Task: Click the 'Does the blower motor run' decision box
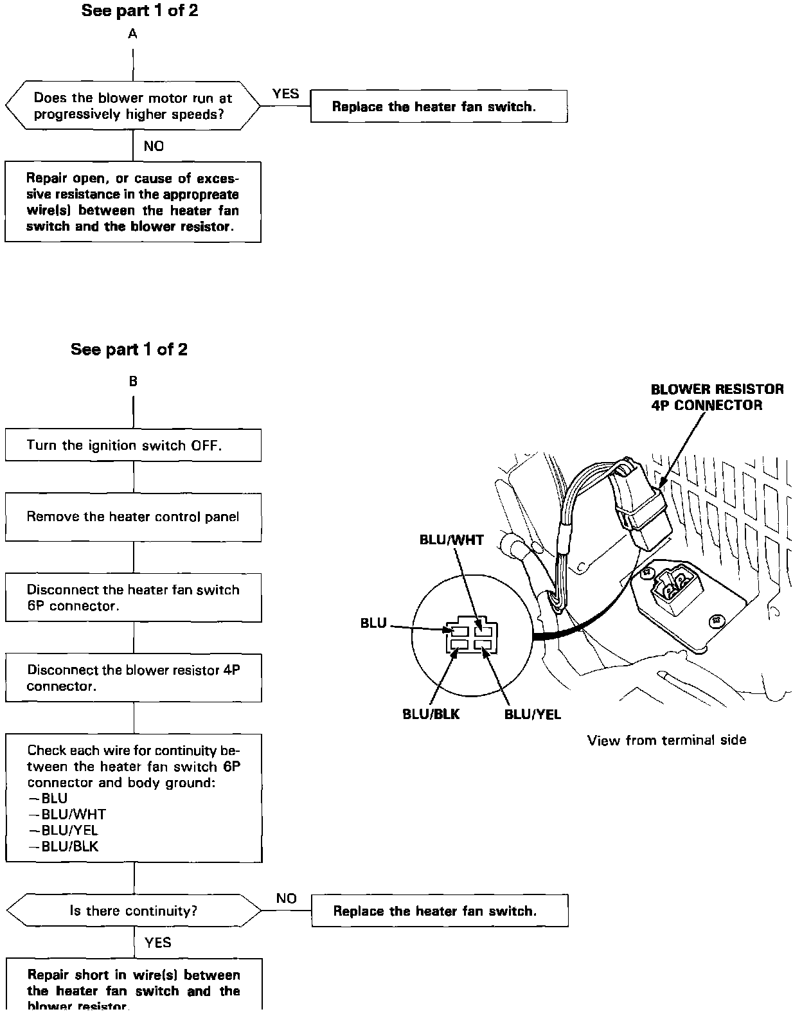133,106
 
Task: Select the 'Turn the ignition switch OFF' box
133,445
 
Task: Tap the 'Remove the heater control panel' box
133,517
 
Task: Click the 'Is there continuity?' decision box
133,911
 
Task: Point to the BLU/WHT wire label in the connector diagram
451,540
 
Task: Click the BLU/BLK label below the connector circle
431,714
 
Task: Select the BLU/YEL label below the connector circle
532,714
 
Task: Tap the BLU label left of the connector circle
373,623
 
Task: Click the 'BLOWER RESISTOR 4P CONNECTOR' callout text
717,397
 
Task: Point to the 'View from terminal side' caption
666,740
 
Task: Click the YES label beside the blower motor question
285,94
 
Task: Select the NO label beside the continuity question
286,898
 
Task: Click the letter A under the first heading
132,34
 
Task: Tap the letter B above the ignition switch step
133,382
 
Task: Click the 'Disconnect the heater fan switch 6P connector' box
133,598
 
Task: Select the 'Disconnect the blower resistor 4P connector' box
133,678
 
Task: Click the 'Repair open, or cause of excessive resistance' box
133,202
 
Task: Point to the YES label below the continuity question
157,943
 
